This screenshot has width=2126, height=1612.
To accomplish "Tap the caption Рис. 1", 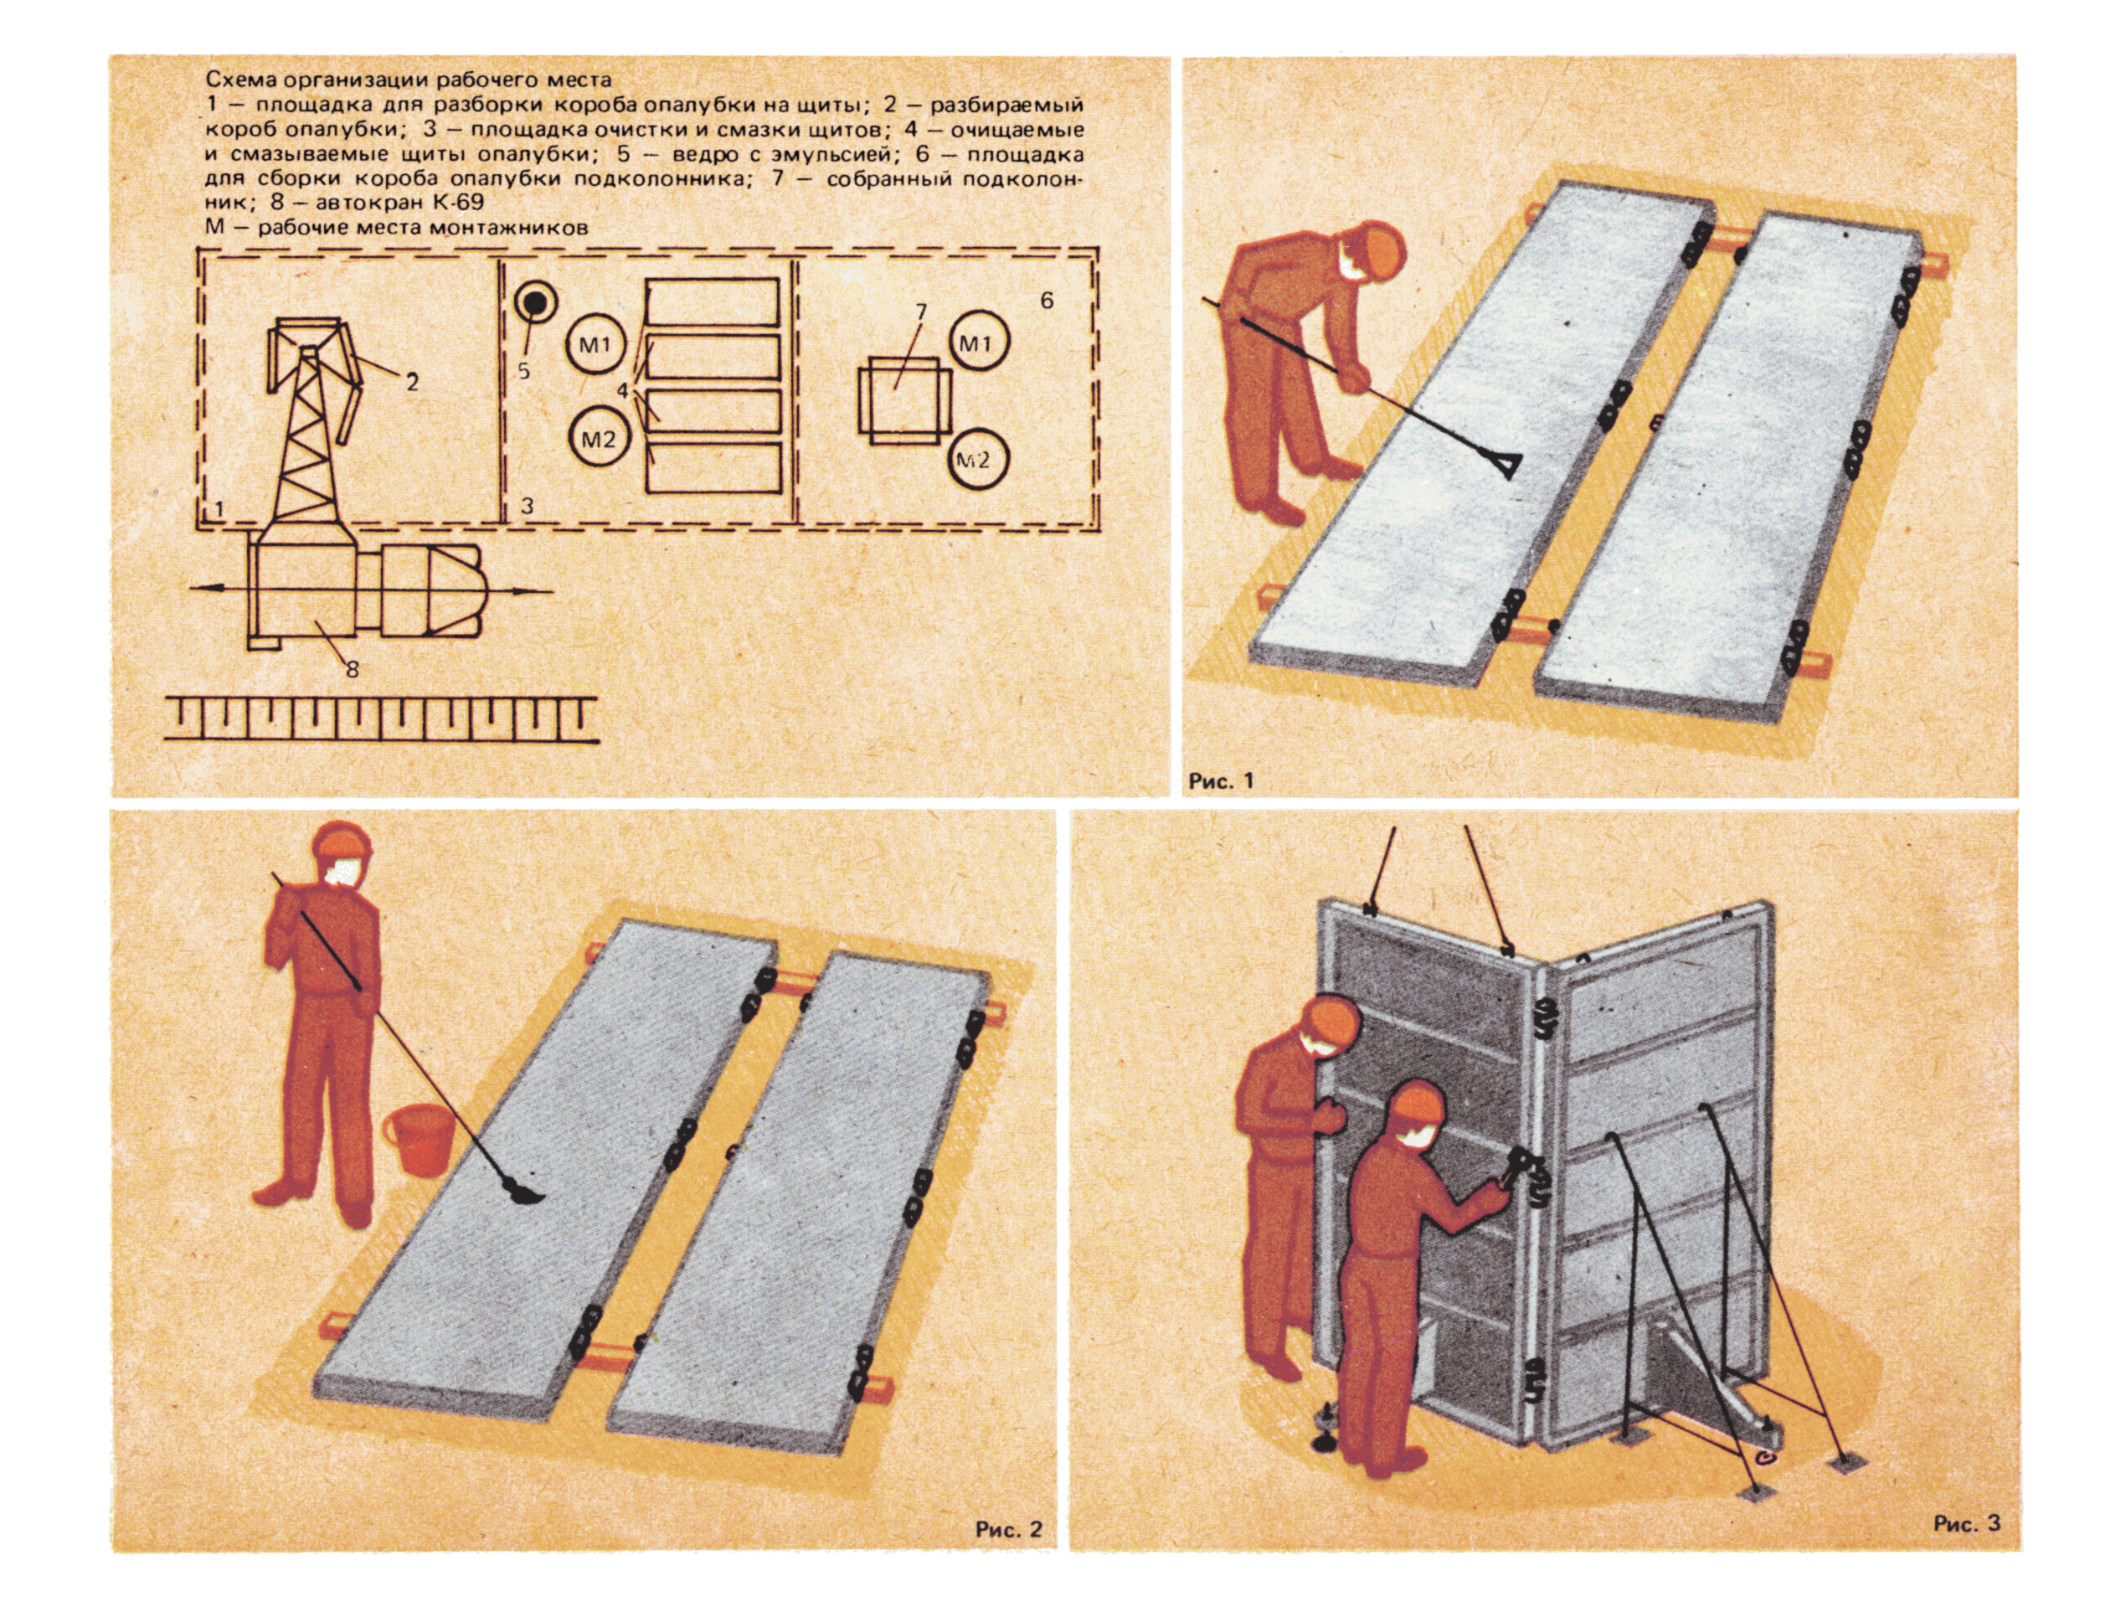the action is coord(1222,780).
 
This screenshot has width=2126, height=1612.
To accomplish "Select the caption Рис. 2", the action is coord(1008,1528).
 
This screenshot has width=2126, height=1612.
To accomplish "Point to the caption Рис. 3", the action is coord(1968,1523).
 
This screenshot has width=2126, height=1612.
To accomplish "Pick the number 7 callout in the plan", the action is coord(921,312).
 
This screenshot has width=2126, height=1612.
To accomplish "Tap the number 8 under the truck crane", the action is coord(352,669).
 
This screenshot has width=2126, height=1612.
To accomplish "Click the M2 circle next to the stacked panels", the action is coord(598,440).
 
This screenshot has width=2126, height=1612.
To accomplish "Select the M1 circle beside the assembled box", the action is coord(977,342).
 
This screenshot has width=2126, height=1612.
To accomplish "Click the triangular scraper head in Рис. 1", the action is coord(1503,466).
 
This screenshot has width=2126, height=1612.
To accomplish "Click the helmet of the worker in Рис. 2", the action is coord(341,845).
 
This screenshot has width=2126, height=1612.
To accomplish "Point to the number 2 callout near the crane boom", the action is coord(411,383).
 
